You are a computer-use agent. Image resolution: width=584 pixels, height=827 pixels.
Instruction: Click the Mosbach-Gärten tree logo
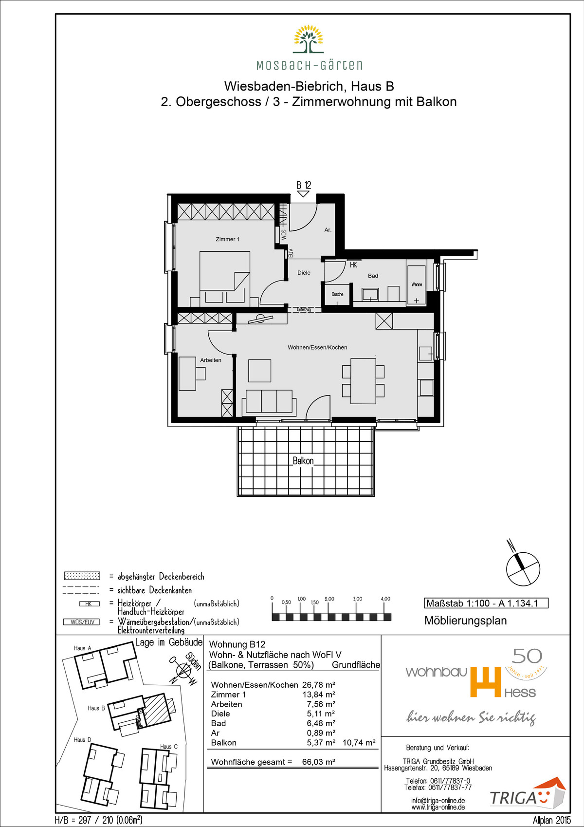(309, 39)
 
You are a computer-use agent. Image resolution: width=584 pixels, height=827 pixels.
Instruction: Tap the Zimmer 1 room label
(228, 239)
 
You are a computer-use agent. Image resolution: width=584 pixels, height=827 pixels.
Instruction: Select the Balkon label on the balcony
(303, 461)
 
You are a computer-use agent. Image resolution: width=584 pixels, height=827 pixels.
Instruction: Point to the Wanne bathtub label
(417, 284)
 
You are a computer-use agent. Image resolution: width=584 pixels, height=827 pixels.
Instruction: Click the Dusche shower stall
(337, 294)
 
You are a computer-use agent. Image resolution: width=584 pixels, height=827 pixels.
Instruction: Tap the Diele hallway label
(304, 273)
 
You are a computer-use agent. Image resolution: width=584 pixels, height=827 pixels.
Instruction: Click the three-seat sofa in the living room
(269, 401)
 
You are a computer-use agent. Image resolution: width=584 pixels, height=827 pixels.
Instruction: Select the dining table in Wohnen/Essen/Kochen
(364, 381)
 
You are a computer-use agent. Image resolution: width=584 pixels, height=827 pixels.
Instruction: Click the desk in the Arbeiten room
(187, 373)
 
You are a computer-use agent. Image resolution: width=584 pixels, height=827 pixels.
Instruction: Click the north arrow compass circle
(523, 569)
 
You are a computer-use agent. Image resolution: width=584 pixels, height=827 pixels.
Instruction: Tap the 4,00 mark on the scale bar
(385, 599)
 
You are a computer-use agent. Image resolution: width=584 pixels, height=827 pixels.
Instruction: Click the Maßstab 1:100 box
(486, 603)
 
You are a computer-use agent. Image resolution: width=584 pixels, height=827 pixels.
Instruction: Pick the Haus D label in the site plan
(82, 740)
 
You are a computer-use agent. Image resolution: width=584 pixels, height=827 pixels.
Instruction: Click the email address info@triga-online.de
(438, 801)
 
